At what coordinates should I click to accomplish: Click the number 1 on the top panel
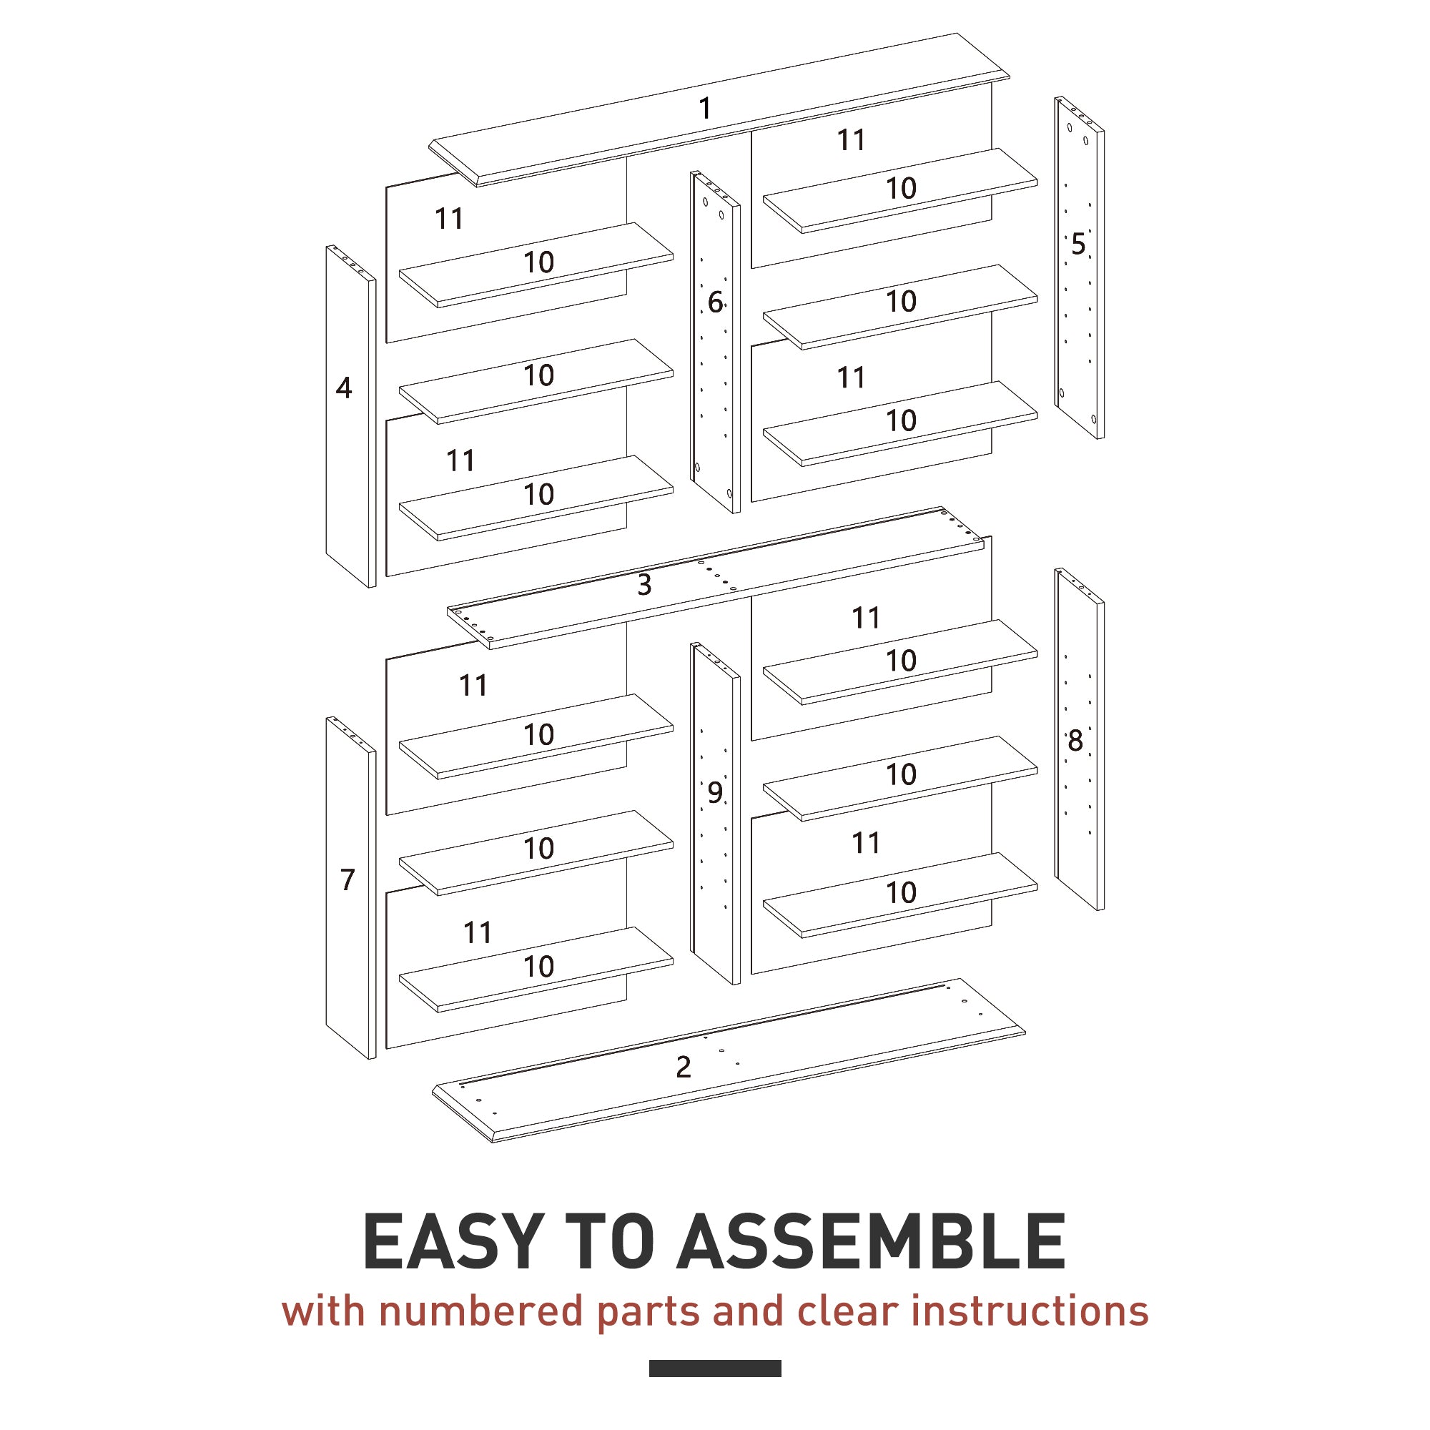[x=705, y=109]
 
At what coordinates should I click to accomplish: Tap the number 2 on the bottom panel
[x=683, y=1067]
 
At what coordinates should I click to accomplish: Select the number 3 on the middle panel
[x=644, y=585]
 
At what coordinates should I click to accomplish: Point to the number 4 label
[x=343, y=388]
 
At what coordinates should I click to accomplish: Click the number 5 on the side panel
[x=1078, y=245]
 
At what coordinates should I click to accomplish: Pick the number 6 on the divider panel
[x=714, y=302]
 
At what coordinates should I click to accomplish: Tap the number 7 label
[x=347, y=879]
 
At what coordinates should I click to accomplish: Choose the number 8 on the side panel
[x=1075, y=740]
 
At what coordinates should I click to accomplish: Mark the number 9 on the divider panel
[x=714, y=793]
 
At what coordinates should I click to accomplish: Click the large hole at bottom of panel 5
[x=1093, y=419]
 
